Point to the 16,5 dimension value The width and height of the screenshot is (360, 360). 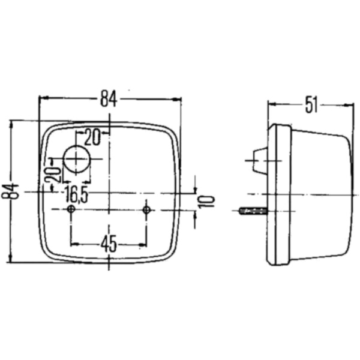76,194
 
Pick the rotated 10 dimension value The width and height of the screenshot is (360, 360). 204,200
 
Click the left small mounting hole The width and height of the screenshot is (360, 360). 71,209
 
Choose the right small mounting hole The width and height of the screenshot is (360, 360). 146,209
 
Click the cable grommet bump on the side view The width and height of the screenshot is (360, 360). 259,161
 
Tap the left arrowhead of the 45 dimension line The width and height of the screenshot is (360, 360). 74,244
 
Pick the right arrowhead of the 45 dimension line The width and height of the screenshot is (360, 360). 144,244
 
